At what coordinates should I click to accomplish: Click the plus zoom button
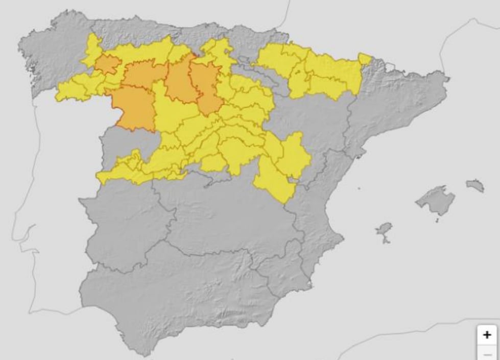[487, 335]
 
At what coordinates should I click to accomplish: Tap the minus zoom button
[487, 354]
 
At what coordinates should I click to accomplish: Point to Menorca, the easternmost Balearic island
[475, 185]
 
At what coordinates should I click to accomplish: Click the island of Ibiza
[384, 230]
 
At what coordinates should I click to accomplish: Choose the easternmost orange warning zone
[207, 89]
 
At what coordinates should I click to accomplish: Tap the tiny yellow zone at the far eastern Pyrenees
[365, 59]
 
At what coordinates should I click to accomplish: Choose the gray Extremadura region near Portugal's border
[123, 220]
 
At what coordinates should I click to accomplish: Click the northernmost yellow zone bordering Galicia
[92, 49]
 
